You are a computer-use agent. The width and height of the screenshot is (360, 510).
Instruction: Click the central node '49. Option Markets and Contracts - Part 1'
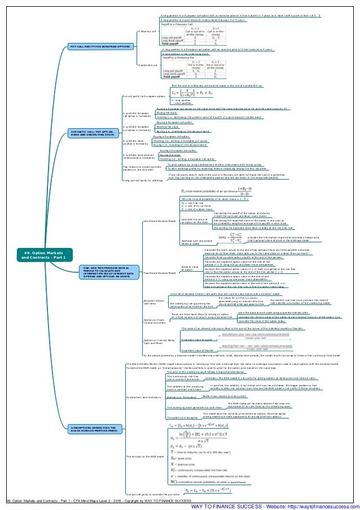pyautogui.click(x=35, y=255)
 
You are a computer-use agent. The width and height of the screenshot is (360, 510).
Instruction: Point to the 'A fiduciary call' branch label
pyautogui.click(x=147, y=32)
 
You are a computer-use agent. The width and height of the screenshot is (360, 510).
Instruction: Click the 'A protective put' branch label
pyautogui.click(x=147, y=66)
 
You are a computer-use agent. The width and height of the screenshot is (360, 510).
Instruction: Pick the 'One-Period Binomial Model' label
pyautogui.click(x=159, y=221)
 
